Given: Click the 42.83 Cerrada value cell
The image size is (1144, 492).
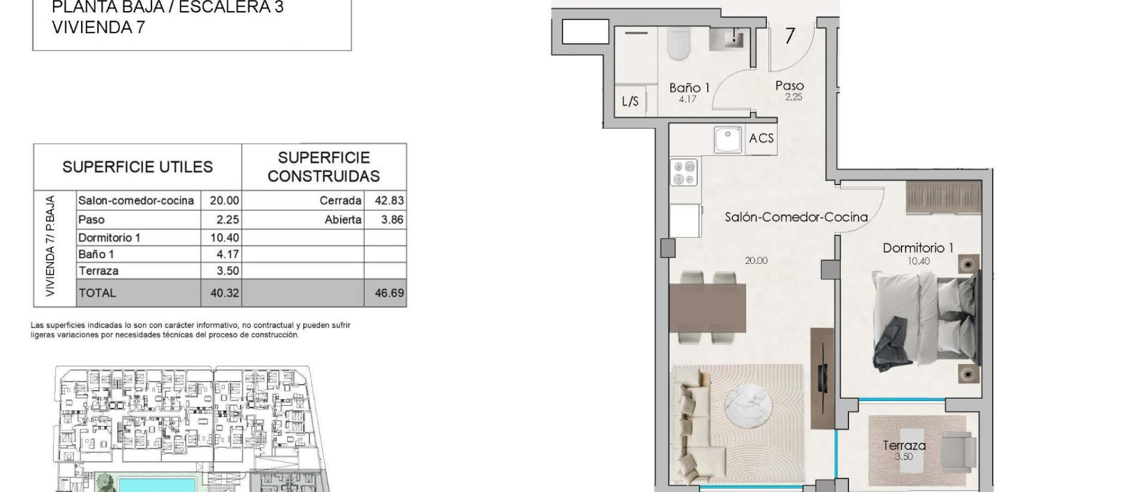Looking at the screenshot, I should pyautogui.click(x=389, y=201).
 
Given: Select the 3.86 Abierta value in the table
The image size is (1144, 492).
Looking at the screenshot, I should pyautogui.click(x=392, y=220).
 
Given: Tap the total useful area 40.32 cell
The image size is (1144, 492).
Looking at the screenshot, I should pyautogui.click(x=225, y=293).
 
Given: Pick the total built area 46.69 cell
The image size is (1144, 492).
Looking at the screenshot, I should pyautogui.click(x=389, y=293).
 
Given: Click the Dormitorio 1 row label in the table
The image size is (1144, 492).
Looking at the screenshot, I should pyautogui.click(x=109, y=238).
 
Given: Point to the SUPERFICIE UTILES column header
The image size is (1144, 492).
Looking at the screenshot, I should pyautogui.click(x=137, y=167).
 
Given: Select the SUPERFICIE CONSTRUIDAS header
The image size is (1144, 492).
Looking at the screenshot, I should pyautogui.click(x=324, y=167).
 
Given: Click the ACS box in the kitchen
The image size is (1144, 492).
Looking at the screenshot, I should pyautogui.click(x=761, y=138).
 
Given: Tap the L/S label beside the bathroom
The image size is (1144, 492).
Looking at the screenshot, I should pyautogui.click(x=630, y=102).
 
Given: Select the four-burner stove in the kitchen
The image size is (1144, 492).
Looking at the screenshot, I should pyautogui.click(x=684, y=172).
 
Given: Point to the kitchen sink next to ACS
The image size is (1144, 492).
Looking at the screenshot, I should pyautogui.click(x=727, y=139).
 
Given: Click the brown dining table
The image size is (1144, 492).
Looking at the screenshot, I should pyautogui.click(x=707, y=307).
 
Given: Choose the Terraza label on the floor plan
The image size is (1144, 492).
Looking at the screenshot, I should pyautogui.click(x=904, y=446).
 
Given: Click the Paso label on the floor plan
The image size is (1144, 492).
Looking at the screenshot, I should pyautogui.click(x=789, y=86).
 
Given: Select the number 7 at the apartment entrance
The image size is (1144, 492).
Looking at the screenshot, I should pyautogui.click(x=789, y=36).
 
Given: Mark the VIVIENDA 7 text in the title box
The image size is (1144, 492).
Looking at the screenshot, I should pyautogui.click(x=98, y=27).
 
